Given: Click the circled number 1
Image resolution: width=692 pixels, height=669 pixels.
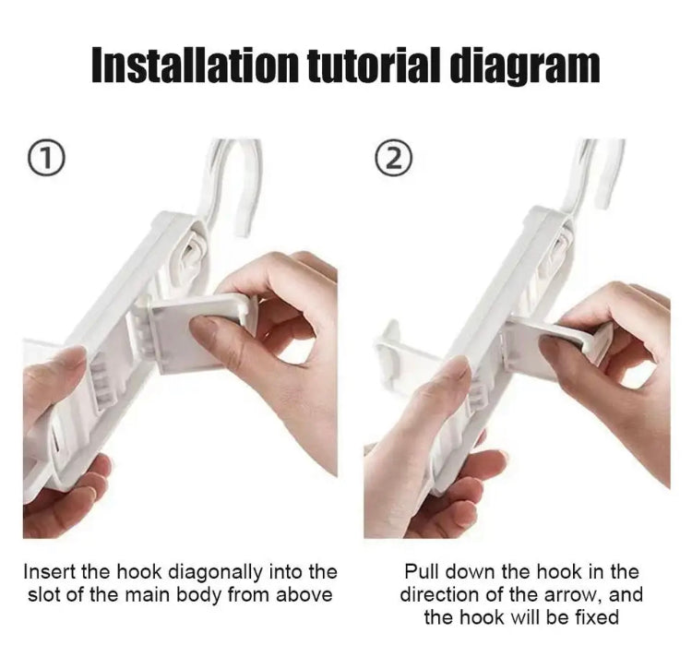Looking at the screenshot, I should click(49, 159).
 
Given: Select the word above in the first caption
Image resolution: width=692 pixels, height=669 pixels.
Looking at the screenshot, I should click(303, 595).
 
